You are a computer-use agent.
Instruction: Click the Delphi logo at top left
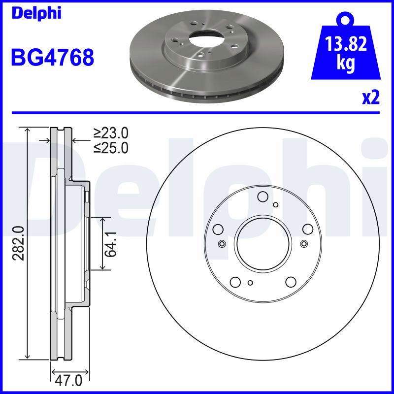click(x=36, y=13)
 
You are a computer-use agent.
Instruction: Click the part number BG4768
click(x=53, y=58)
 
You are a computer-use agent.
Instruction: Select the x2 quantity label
click(x=371, y=98)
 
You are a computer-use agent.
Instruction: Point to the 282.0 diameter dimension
click(x=19, y=243)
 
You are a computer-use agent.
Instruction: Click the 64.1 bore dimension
click(x=111, y=244)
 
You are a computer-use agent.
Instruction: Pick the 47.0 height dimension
click(x=68, y=381)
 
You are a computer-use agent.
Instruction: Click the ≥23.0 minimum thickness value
click(x=111, y=133)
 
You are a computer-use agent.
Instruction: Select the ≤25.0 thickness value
click(x=111, y=147)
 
